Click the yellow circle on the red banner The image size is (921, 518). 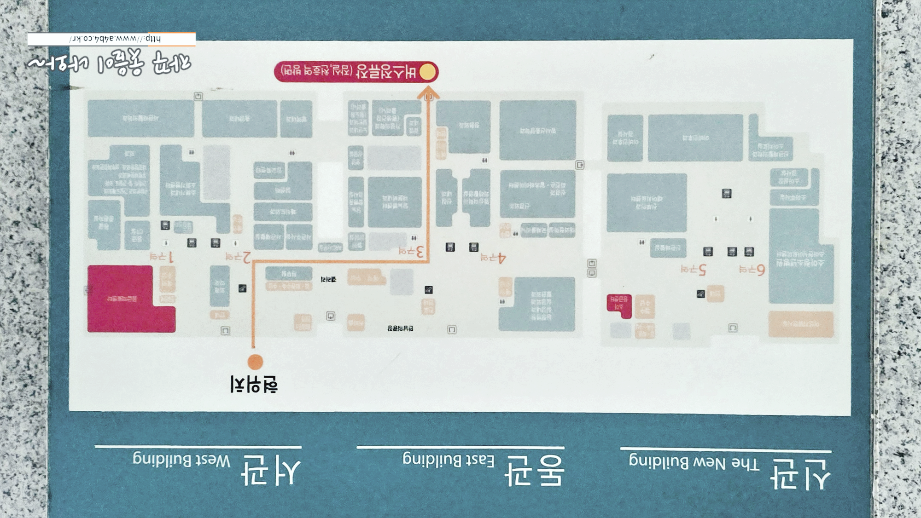point(427,72)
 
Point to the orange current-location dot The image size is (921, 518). point(255,362)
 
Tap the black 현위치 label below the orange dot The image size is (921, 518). point(254,385)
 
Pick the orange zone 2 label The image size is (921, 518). point(238,257)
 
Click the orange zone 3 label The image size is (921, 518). point(411,252)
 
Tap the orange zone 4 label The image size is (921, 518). point(493,258)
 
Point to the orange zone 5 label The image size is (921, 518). point(693,269)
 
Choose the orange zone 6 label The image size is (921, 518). point(752,270)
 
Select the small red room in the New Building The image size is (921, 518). point(619,305)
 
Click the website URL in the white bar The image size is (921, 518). point(115,39)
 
